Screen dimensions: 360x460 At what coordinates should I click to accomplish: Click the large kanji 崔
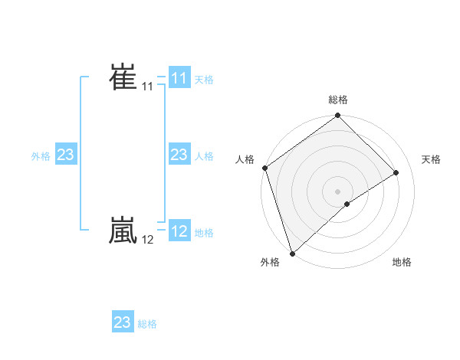click(123, 77)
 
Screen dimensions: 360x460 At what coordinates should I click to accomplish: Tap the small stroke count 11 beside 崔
click(147, 87)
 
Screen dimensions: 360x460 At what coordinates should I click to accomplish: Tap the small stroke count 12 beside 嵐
click(147, 240)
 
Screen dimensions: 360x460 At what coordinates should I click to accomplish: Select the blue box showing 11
click(179, 78)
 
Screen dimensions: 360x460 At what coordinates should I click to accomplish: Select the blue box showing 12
click(179, 231)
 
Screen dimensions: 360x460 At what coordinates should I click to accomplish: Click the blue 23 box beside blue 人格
click(179, 155)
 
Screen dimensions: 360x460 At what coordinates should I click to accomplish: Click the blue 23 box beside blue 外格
click(65, 155)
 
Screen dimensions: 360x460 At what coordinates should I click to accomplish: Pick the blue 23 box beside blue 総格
click(123, 322)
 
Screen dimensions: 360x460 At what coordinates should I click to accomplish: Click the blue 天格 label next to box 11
click(204, 79)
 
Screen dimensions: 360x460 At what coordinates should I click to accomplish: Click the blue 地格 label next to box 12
click(204, 232)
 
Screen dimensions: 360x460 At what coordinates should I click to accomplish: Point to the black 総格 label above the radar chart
click(338, 100)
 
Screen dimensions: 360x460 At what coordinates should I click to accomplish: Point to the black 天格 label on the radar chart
click(431, 159)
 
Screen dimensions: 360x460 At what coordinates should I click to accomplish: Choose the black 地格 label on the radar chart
click(402, 262)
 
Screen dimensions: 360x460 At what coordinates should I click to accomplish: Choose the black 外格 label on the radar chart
click(269, 262)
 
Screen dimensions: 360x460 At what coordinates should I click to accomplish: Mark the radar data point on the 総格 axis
click(338, 116)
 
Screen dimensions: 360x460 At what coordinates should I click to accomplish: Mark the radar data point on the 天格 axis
click(396, 172)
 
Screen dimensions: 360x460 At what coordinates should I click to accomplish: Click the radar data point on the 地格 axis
click(347, 204)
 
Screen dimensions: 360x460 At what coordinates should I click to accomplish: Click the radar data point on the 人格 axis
click(264, 168)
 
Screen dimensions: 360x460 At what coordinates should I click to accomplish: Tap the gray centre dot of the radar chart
click(338, 191)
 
